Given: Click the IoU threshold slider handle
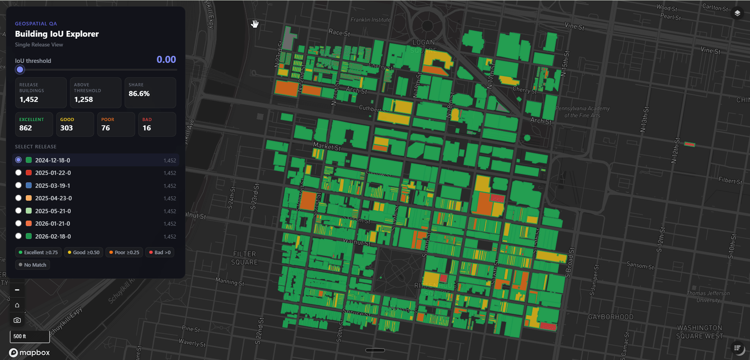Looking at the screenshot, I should pyautogui.click(x=20, y=70).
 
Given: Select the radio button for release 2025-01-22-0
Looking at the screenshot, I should pyautogui.click(x=18, y=173).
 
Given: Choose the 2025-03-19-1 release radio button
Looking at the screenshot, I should pyautogui.click(x=18, y=185).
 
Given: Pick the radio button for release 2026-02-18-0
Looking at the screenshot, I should pyautogui.click(x=18, y=236).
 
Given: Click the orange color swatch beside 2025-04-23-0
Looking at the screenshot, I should pyautogui.click(x=29, y=198).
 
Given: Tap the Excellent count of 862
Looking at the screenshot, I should pyautogui.click(x=26, y=128).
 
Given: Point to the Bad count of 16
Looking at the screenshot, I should pyautogui.click(x=147, y=128).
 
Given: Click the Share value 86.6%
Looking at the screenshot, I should pyautogui.click(x=139, y=94).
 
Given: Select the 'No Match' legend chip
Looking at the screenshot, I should pyautogui.click(x=32, y=265).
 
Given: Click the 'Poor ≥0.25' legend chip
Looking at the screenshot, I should pyautogui.click(x=124, y=252).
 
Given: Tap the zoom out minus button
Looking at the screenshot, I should pyautogui.click(x=17, y=290).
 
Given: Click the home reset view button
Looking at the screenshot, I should pyautogui.click(x=17, y=305).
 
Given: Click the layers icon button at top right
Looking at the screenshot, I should pyautogui.click(x=737, y=13).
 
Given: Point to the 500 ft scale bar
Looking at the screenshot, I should pyautogui.click(x=30, y=336).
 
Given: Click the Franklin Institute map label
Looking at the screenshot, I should pyautogui.click(x=370, y=20).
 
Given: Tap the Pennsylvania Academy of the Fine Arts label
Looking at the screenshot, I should pyautogui.click(x=582, y=112).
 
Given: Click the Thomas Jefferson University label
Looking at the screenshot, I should pyautogui.click(x=708, y=297).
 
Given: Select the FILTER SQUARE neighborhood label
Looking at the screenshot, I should pyautogui.click(x=244, y=258).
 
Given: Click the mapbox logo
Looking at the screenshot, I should pyautogui.click(x=30, y=353).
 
